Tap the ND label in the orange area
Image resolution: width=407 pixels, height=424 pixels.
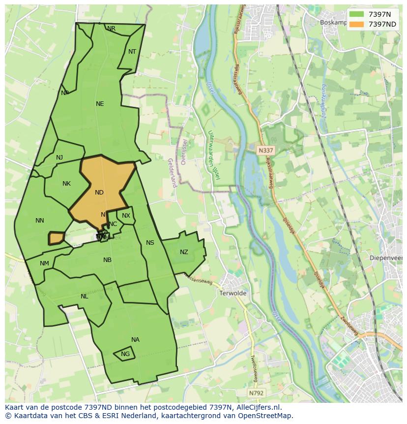(99, 193)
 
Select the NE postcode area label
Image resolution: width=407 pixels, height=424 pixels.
(100, 104)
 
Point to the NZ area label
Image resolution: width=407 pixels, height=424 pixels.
(184, 252)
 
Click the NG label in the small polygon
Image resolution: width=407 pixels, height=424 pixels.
(125, 354)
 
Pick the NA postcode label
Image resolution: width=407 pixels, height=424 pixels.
(135, 340)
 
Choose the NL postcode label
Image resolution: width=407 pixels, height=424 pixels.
(85, 296)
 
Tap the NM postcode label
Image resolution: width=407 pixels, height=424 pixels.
(44, 263)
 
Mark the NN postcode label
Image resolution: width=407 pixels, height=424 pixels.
(40, 221)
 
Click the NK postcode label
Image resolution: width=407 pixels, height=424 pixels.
(66, 184)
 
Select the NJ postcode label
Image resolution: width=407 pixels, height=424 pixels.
(59, 158)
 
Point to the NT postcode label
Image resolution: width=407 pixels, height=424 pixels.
(132, 52)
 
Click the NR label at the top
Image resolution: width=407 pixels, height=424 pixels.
(112, 29)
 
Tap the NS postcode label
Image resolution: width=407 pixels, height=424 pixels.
(150, 243)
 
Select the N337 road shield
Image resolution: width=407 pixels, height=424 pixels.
(265, 149)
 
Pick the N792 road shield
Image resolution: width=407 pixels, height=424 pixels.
(255, 393)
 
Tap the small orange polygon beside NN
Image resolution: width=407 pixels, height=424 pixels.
(56, 238)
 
